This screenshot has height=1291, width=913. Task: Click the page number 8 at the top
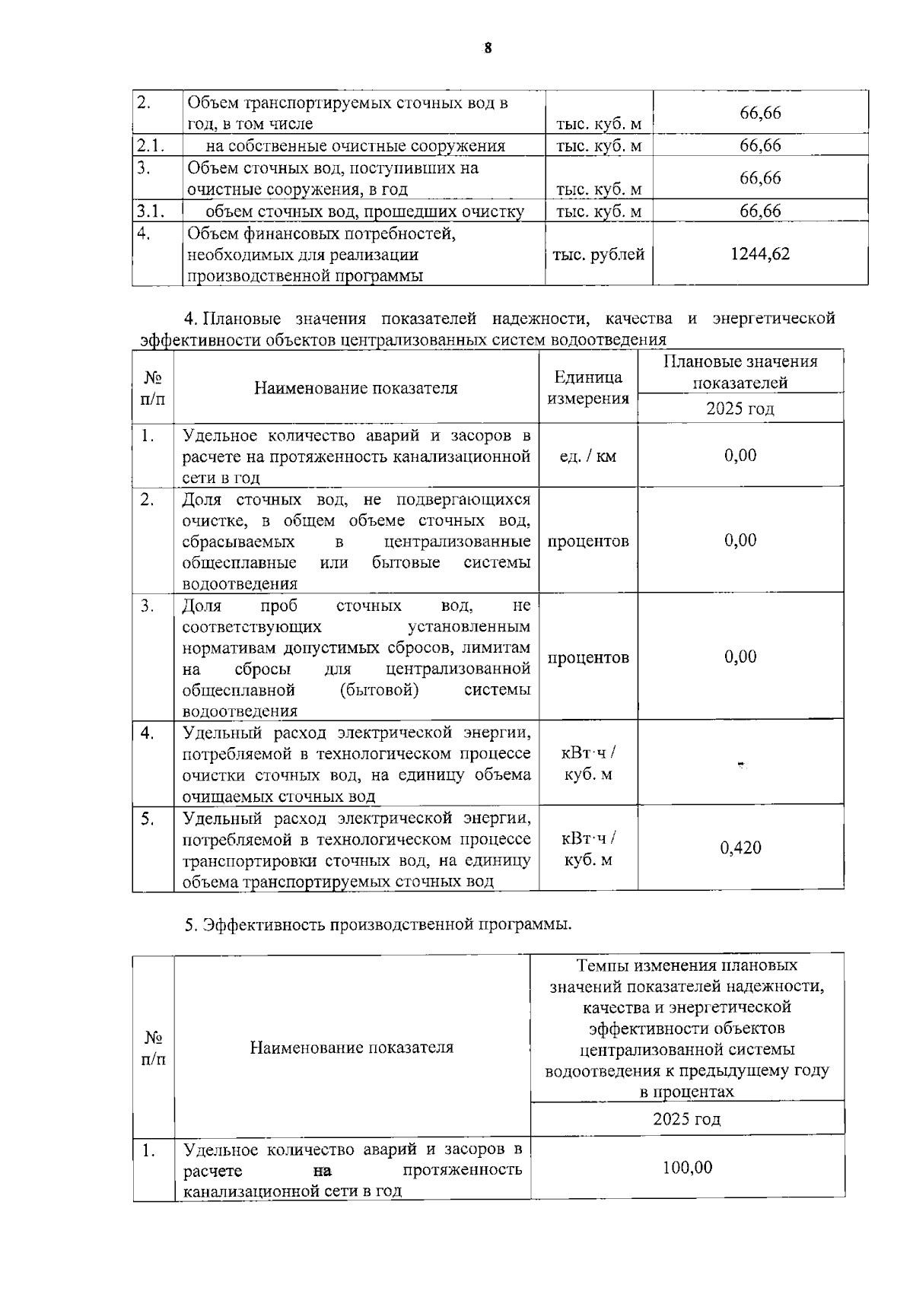coord(488,48)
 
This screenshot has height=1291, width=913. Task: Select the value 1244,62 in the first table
coord(759,254)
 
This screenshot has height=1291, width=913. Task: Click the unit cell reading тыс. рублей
coord(598,255)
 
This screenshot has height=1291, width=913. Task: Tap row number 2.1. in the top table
coord(150,145)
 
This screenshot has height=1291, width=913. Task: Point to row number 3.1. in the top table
coord(150,211)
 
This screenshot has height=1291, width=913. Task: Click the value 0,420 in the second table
coord(740,847)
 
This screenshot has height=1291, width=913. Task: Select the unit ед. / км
coord(587,456)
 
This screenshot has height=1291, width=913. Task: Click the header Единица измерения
coord(587,387)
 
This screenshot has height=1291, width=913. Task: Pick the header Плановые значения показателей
coord(740,372)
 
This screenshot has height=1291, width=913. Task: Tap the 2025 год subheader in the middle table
coord(740,409)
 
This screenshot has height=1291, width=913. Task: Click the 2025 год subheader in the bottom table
coord(686,1119)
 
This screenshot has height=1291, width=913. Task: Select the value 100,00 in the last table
coord(686,1167)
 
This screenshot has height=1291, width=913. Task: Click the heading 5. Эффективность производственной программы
coord(378,924)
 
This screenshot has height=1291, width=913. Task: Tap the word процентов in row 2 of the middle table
coord(587,541)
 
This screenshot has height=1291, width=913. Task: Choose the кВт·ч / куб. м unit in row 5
coord(587,849)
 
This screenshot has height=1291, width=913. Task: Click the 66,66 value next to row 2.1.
coord(759,145)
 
